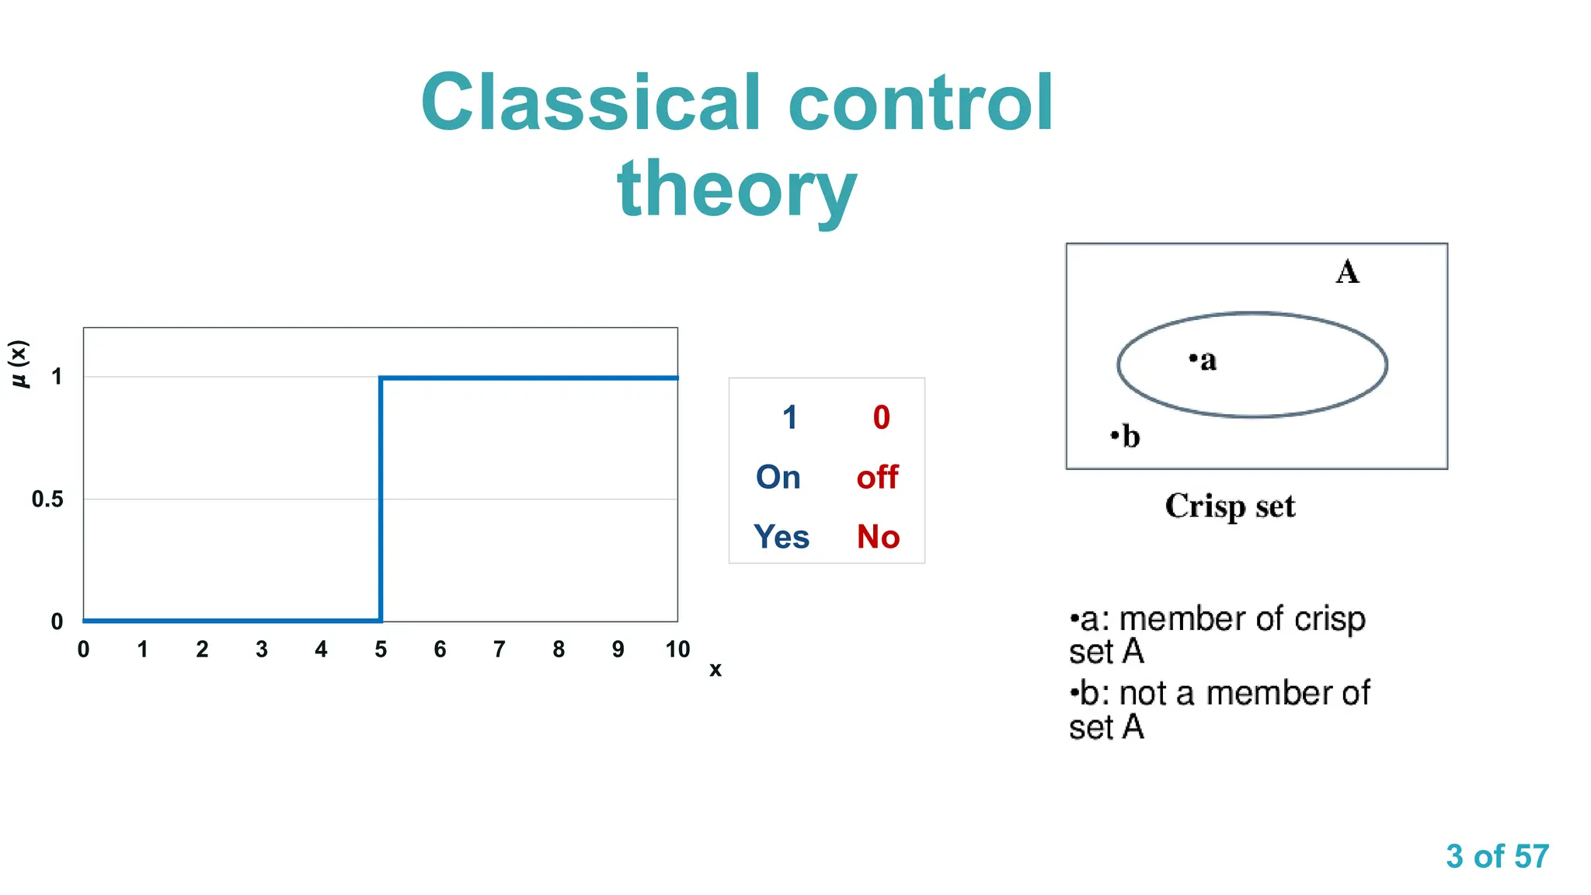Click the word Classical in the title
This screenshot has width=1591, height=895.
(x=590, y=103)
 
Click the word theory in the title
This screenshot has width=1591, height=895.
(x=736, y=189)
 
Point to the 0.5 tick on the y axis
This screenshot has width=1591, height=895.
(x=47, y=500)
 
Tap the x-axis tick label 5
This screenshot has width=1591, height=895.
(x=381, y=649)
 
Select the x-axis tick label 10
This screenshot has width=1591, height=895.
(x=677, y=649)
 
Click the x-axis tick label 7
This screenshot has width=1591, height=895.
(x=500, y=649)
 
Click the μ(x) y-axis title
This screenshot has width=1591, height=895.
(x=19, y=364)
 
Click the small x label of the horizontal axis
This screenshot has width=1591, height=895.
(x=715, y=670)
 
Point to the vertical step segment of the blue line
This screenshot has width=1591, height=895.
(x=381, y=497)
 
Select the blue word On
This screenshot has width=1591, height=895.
(x=778, y=477)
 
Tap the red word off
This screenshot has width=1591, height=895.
(x=877, y=477)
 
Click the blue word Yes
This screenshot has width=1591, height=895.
(x=781, y=537)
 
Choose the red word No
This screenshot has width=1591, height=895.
(x=878, y=537)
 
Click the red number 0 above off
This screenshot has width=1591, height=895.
(x=881, y=418)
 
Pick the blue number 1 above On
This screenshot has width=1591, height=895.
(x=790, y=418)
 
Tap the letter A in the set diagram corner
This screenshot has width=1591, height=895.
(x=1347, y=272)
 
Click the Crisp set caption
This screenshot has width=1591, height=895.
(x=1230, y=507)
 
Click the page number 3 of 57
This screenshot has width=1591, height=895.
(x=1497, y=856)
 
